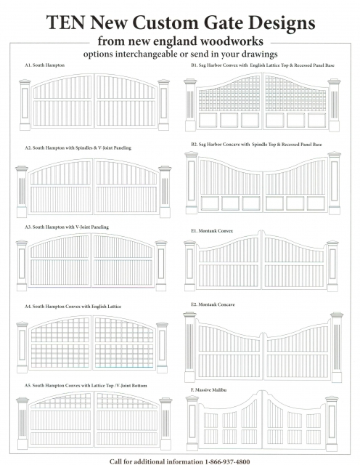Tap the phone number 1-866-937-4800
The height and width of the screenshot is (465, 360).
tap(227, 461)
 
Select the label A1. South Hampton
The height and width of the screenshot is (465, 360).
tap(45, 65)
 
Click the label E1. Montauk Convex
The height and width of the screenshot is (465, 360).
tap(212, 231)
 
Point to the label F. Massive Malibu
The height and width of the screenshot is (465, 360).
tap(208, 390)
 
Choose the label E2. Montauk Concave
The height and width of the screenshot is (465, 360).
tap(213, 304)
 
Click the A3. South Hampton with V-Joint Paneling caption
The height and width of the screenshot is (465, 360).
tap(67, 227)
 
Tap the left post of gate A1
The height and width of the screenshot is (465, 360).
tap(25, 105)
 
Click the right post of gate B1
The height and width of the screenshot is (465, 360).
tap(334, 105)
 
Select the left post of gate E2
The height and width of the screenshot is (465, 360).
tap(189, 347)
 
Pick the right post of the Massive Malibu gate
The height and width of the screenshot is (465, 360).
tap(332, 424)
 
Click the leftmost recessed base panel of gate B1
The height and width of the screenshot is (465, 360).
tap(208, 120)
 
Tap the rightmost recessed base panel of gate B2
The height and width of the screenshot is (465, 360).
tap(316, 203)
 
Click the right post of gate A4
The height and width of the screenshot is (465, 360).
tap(162, 347)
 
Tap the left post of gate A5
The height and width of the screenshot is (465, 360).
tap(22, 424)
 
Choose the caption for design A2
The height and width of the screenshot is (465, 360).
tap(78, 148)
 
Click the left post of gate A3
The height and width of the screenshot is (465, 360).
tap(22, 266)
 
